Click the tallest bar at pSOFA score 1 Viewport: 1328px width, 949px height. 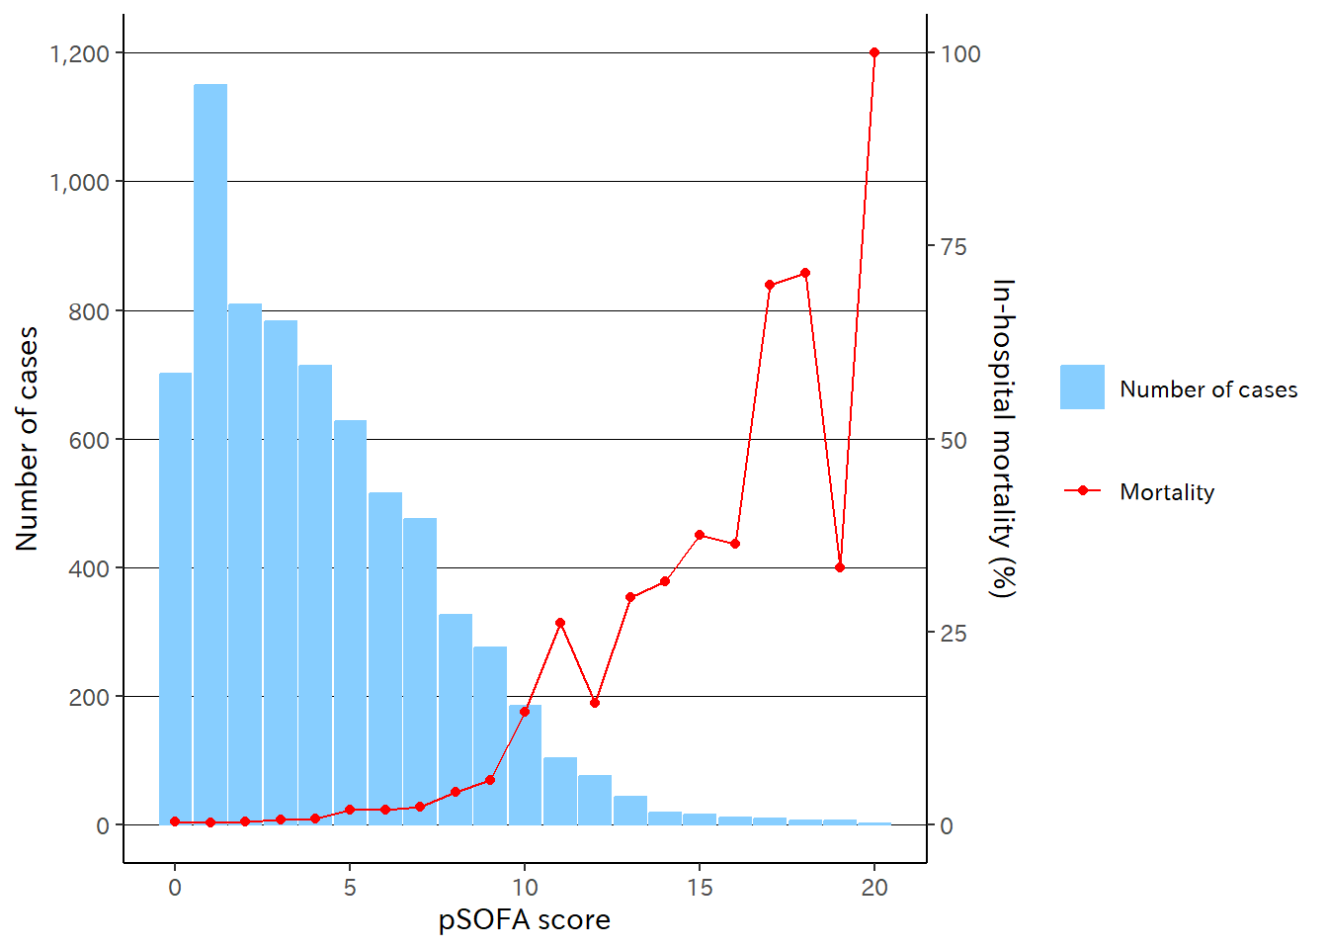pyautogui.click(x=210, y=455)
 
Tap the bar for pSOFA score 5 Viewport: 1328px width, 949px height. pyautogui.click(x=350, y=623)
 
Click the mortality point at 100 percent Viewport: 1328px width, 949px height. pyautogui.click(x=874, y=52)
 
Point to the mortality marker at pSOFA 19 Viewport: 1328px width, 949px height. pyautogui.click(x=840, y=567)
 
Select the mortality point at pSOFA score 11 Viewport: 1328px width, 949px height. pyautogui.click(x=560, y=623)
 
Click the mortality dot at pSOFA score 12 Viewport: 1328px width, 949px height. pyautogui.click(x=595, y=703)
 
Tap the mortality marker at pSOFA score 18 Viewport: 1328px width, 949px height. pyautogui.click(x=805, y=273)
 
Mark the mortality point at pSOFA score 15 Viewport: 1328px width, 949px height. pyautogui.click(x=700, y=535)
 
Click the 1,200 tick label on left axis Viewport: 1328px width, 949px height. pyautogui.click(x=79, y=53)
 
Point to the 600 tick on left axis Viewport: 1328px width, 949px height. pyautogui.click(x=89, y=440)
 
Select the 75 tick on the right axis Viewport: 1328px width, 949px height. pyautogui.click(x=954, y=247)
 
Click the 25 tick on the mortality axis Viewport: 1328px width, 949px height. pyautogui.click(x=954, y=634)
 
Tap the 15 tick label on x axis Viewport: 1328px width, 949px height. pyautogui.click(x=700, y=888)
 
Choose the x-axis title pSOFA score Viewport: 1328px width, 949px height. pyautogui.click(x=524, y=920)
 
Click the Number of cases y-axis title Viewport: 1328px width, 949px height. pyautogui.click(x=27, y=439)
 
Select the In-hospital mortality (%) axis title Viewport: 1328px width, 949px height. pyautogui.click(x=1003, y=439)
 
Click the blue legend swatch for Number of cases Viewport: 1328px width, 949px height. pyautogui.click(x=1082, y=388)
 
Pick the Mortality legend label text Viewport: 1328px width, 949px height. pyautogui.click(x=1167, y=492)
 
